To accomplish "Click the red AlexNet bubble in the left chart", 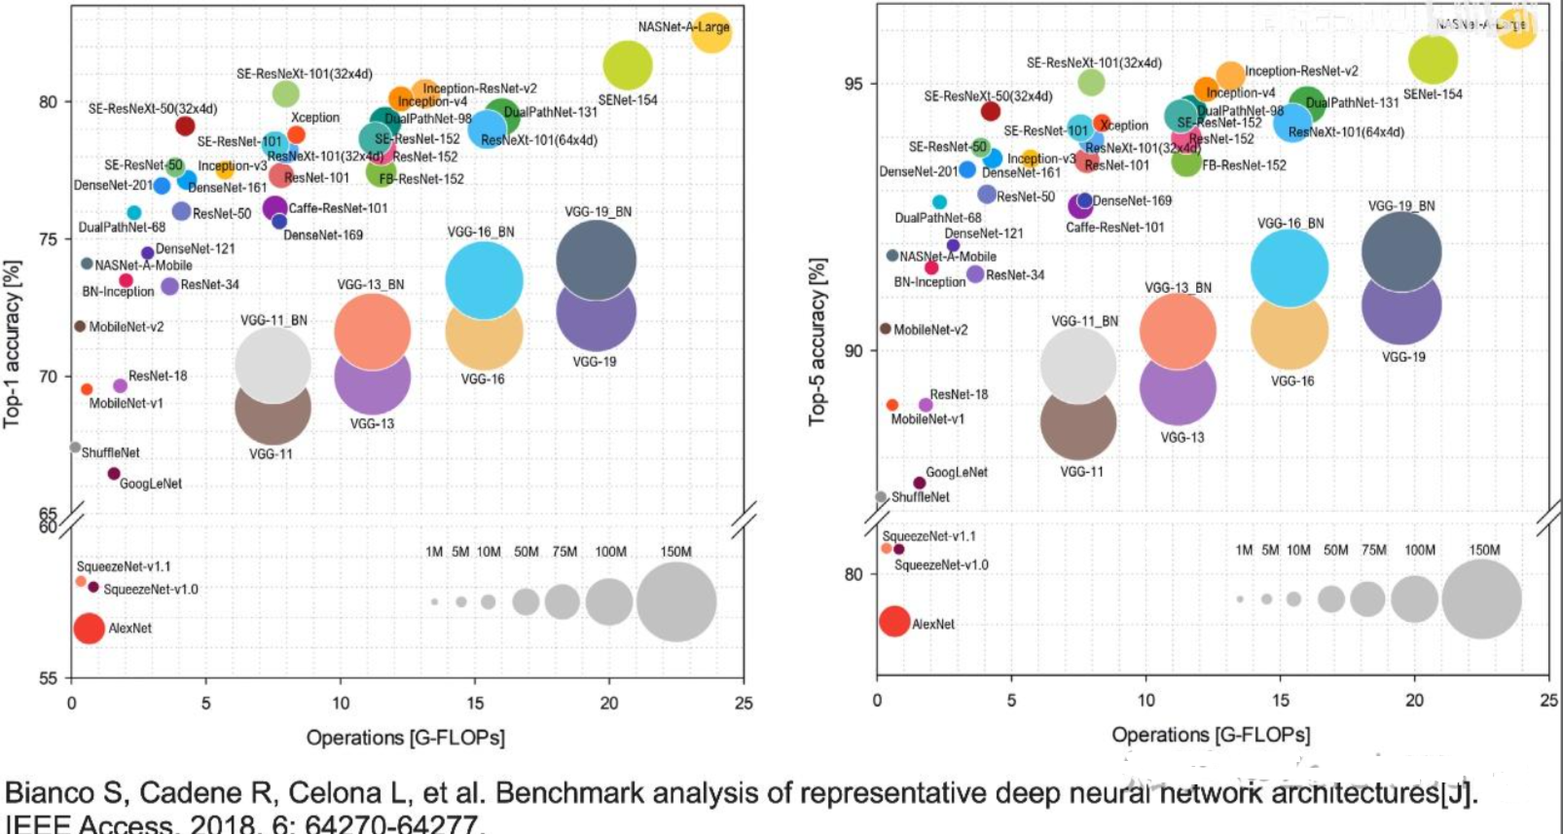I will click(89, 628).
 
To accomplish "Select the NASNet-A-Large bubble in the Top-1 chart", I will click(711, 32).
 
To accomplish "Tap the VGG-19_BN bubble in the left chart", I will click(597, 260).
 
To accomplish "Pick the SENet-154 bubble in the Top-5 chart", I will click(1433, 59).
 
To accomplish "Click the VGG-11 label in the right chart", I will click(1081, 472).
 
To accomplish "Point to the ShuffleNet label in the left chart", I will click(110, 453).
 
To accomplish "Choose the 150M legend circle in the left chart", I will click(676, 601).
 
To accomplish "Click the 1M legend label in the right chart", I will click(1244, 550).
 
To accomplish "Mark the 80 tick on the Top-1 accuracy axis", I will click(49, 101).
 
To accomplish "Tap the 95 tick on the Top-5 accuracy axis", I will click(854, 84).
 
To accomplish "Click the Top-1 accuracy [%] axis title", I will click(12, 343).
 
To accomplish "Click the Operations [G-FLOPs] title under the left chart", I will click(405, 738).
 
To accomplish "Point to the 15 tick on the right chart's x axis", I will click(1281, 700).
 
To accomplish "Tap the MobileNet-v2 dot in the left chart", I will click(80, 326).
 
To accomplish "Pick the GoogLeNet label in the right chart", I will click(956, 472).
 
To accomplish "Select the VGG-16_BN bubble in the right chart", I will click(1290, 268).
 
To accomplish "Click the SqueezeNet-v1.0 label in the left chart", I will click(150, 589).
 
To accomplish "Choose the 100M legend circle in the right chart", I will click(1414, 598).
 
